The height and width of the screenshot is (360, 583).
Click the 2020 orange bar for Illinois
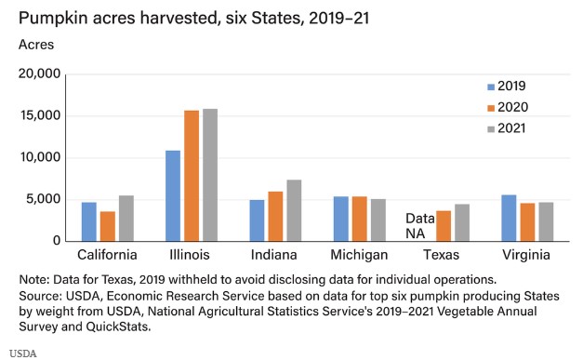pos(191,176)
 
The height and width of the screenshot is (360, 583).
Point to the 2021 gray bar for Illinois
pos(209,175)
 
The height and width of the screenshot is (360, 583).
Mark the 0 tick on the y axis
pos(57,241)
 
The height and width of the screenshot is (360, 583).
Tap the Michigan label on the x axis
pos(359,255)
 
